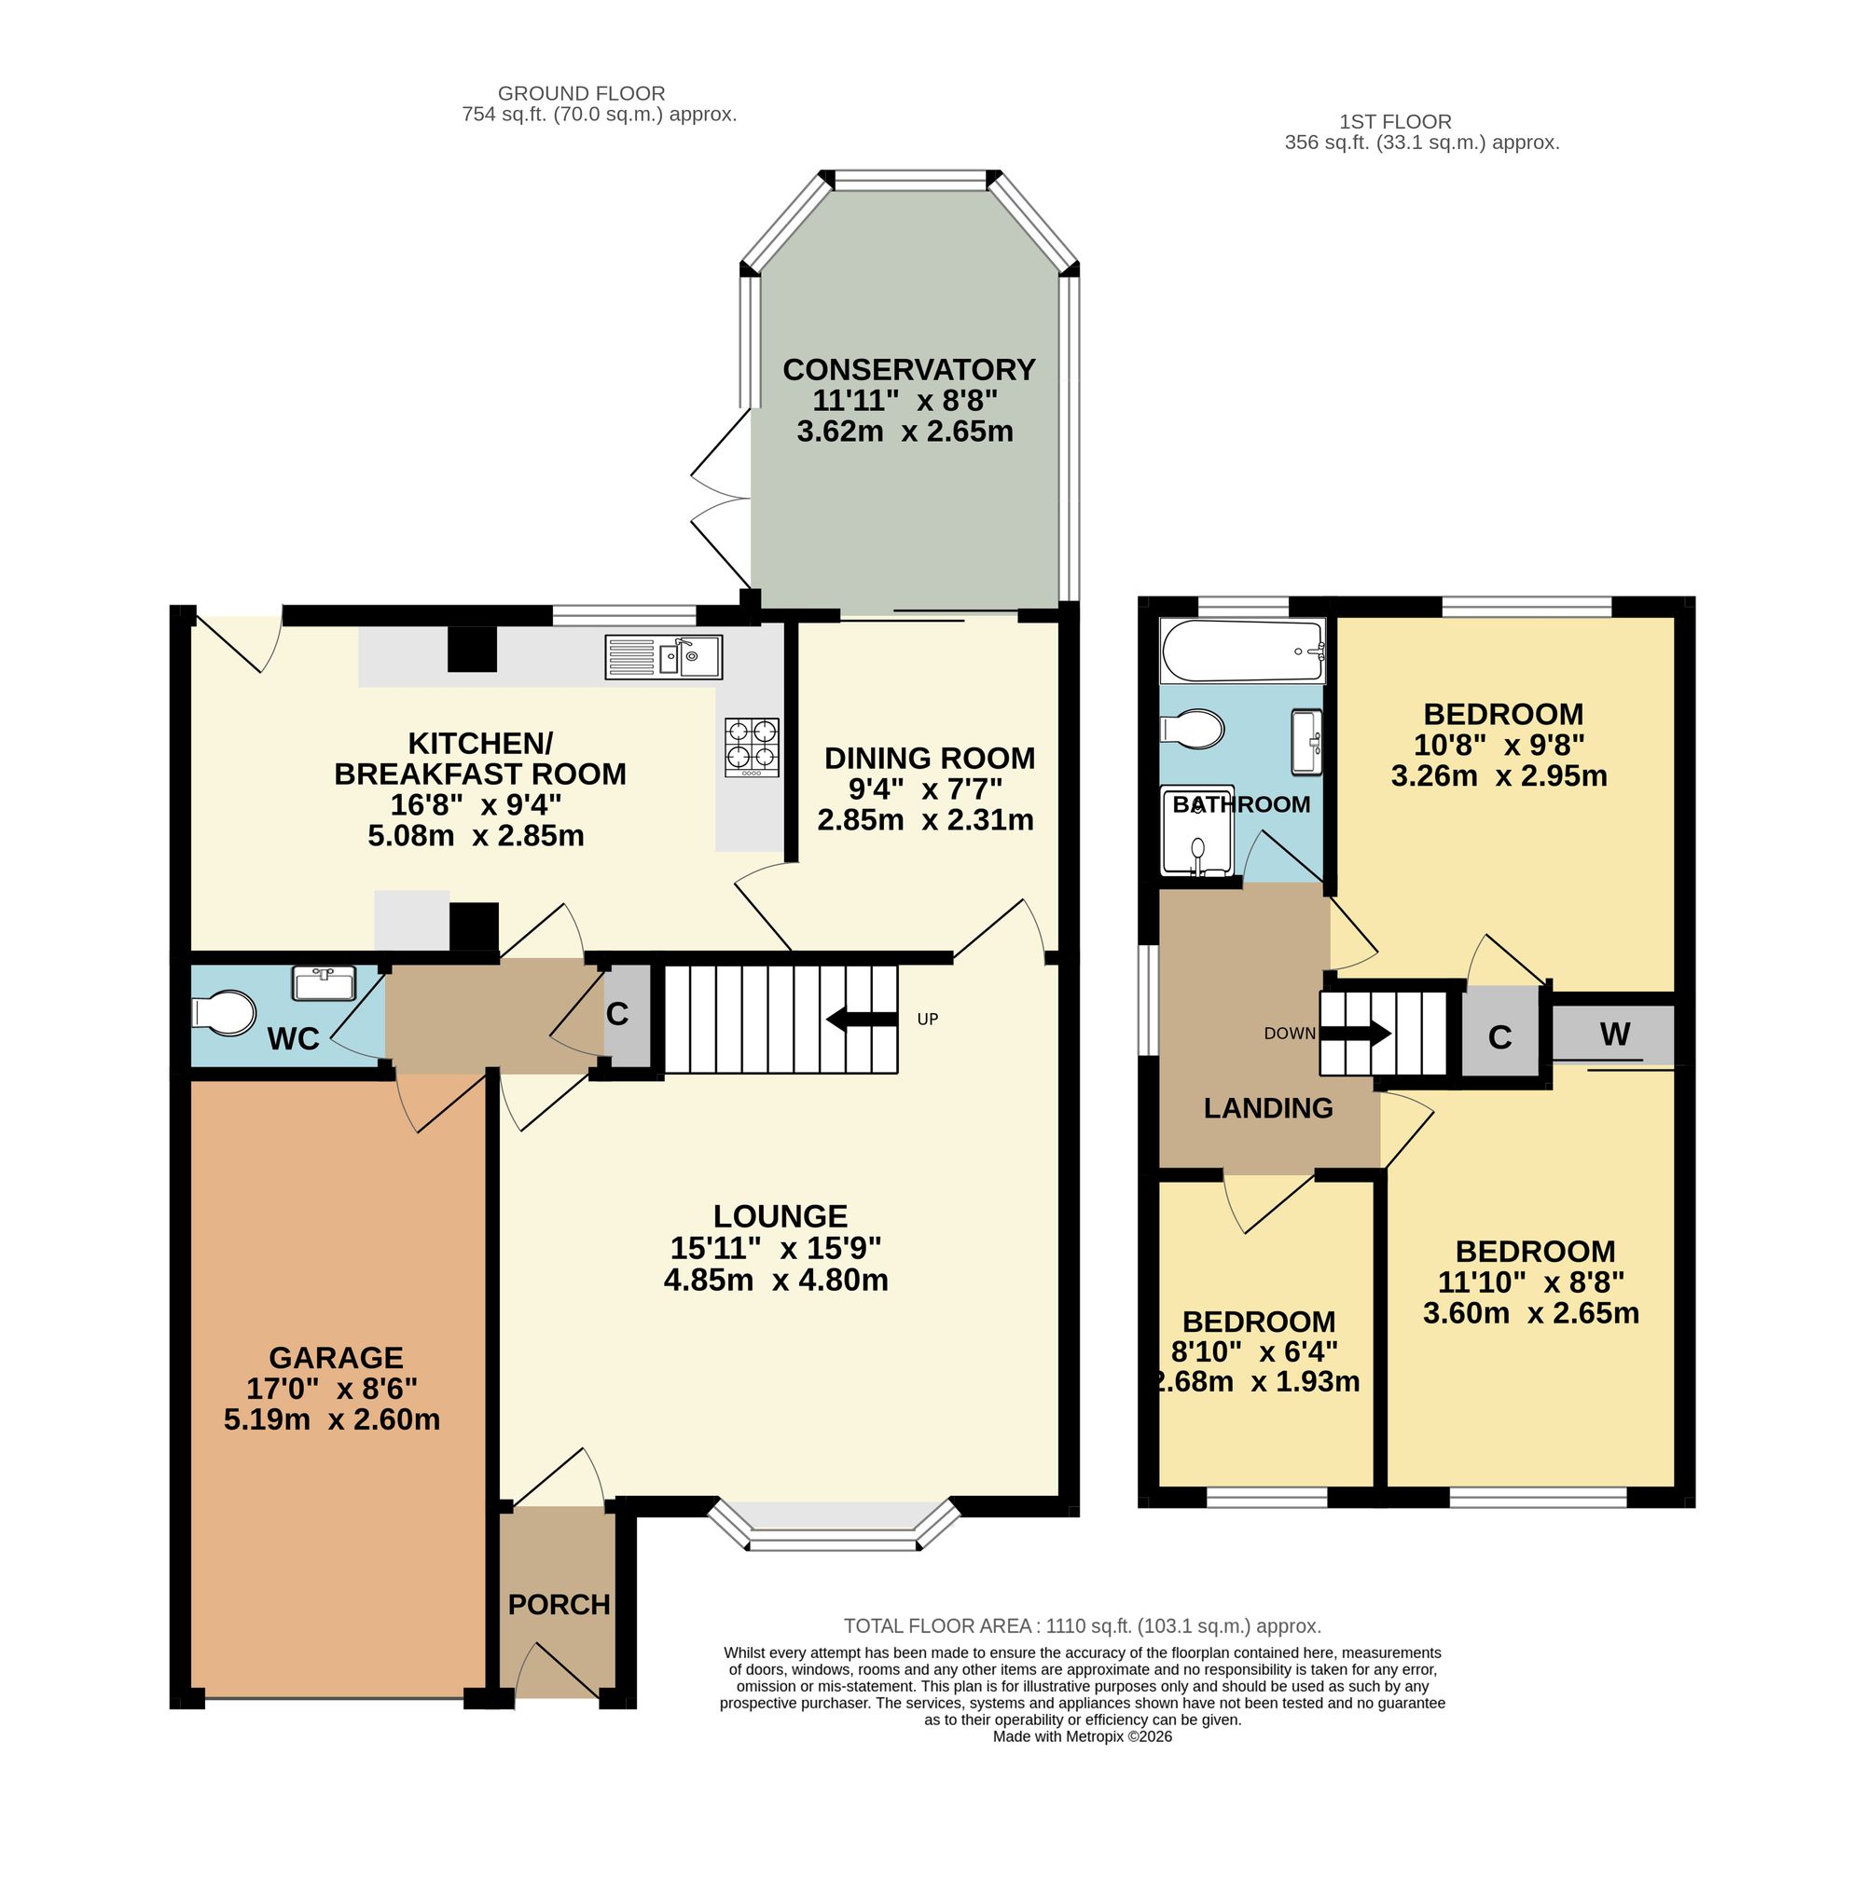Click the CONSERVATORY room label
(908, 370)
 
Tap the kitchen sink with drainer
(663, 657)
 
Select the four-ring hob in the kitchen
(752, 747)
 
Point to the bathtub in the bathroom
(1243, 652)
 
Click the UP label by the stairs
(927, 1019)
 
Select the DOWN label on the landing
(1290, 1034)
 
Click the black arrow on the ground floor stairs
(862, 1019)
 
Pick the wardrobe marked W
(1613, 1035)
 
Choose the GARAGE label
(336, 1358)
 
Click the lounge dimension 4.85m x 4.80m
(776, 1281)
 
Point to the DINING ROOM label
(930, 759)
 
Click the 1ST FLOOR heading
(1395, 121)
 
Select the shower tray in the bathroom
(1197, 831)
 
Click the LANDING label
(1268, 1108)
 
